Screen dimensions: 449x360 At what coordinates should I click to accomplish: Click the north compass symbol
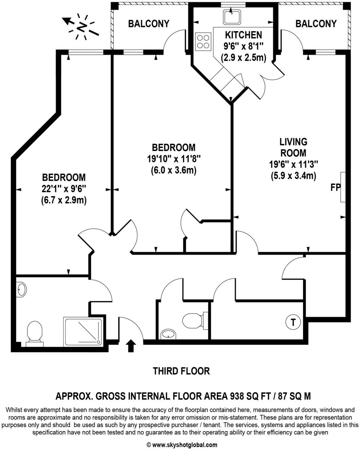coord(82,26)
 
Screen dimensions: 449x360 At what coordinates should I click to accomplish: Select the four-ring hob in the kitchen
coord(203,42)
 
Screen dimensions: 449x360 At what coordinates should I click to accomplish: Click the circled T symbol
coord(293,322)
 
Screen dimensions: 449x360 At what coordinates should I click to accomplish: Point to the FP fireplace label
coord(335,188)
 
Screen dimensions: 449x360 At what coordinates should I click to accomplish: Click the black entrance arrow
coord(131,346)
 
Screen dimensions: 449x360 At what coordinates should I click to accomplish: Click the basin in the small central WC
coord(168,334)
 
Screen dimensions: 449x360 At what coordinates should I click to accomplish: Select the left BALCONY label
coord(149,24)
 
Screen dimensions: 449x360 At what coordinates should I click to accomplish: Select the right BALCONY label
coord(316,24)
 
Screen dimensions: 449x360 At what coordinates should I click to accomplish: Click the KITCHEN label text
coord(244,35)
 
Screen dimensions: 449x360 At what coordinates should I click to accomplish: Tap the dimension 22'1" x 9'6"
coord(64,189)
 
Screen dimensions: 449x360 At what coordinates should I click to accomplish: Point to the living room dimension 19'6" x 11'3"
coord(293,164)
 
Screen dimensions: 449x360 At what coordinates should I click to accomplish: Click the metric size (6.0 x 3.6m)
coord(173,170)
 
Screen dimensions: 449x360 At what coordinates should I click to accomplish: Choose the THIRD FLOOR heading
coord(181,371)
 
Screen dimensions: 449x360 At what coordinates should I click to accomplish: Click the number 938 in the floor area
coord(237,396)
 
